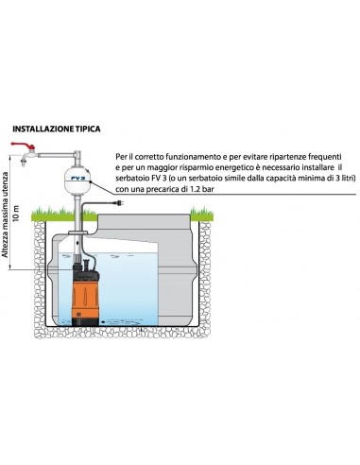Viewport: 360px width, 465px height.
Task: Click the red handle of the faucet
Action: tap(23, 146)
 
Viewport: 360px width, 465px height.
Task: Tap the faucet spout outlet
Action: tap(23, 164)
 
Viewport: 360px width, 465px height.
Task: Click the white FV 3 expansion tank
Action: tap(77, 181)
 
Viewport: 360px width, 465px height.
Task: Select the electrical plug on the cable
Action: tap(119, 202)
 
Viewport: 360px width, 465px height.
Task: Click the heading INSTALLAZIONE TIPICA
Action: tap(57, 129)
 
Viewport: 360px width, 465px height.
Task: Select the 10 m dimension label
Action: tap(16, 214)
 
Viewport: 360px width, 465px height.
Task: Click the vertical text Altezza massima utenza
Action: tap(5, 212)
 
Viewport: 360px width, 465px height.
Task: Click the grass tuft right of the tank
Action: tap(202, 214)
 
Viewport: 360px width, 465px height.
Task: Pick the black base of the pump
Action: tap(85, 321)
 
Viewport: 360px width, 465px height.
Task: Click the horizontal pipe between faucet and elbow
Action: tap(56, 155)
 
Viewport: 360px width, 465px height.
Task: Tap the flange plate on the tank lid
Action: tap(77, 232)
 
